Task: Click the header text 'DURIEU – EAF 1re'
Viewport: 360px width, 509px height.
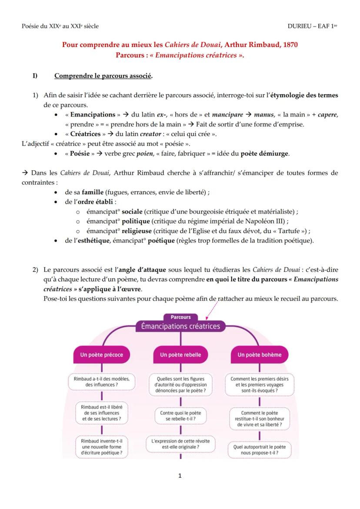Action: tap(312, 26)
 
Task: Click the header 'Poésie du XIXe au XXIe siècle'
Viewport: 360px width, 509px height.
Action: tap(60, 26)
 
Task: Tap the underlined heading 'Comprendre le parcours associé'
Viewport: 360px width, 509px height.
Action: tap(103, 76)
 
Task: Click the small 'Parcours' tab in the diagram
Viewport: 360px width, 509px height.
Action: tap(180, 317)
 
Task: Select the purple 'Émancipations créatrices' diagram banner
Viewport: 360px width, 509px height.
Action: tap(180, 326)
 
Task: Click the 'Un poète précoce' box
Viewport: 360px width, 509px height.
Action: tap(101, 355)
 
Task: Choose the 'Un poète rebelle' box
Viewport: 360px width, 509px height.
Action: tap(180, 355)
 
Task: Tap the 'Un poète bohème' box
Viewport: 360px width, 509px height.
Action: tap(259, 355)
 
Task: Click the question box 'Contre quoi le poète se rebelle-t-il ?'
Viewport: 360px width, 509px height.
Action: tap(180, 416)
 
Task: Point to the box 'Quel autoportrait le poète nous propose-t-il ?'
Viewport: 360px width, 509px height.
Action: tap(259, 449)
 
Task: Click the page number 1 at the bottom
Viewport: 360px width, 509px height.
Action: tap(180, 476)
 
